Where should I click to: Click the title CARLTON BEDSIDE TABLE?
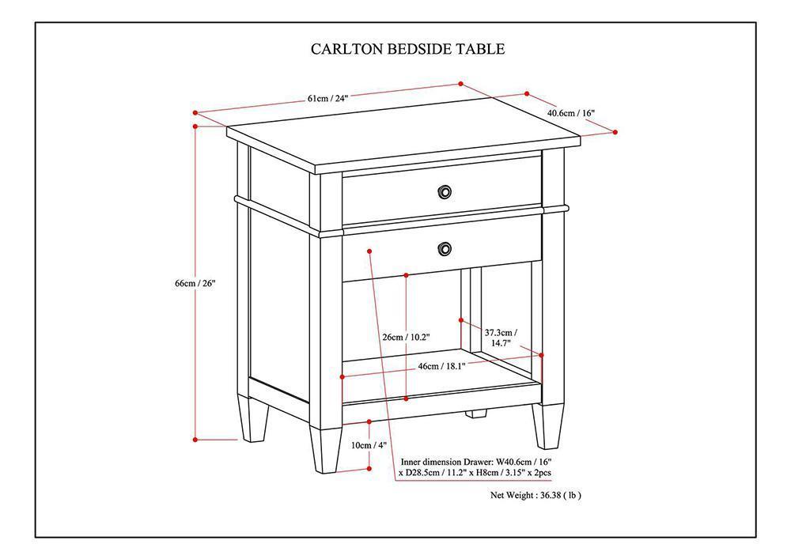point(407,49)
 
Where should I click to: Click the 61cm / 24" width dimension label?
point(327,98)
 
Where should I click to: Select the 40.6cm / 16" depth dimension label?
point(570,113)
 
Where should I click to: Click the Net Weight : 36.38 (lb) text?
point(536,496)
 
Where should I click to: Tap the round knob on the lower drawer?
point(445,249)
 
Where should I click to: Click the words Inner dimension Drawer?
point(447,461)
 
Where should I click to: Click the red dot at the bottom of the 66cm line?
point(195,439)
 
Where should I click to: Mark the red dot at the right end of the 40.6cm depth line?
point(615,132)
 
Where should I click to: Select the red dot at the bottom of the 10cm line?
point(369,469)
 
